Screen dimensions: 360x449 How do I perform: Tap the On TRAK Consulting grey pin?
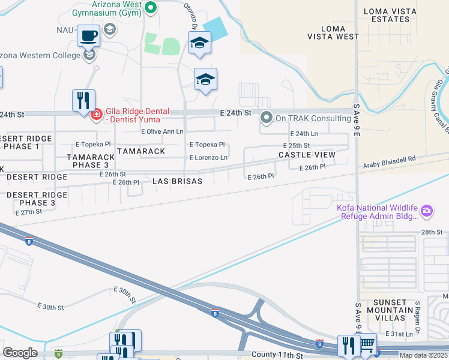coord(266,118)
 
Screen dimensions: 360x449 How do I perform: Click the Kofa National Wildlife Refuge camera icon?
coord(427,210)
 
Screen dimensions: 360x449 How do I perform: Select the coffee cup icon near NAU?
coord(89,35)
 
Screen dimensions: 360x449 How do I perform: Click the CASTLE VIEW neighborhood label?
coord(307,155)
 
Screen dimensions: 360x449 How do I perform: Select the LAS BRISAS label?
coord(176,181)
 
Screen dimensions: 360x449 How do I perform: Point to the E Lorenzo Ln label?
coord(208,157)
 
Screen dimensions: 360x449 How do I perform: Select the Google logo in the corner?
coord(19,353)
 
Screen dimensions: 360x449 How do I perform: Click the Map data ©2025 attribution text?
coord(424,355)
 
